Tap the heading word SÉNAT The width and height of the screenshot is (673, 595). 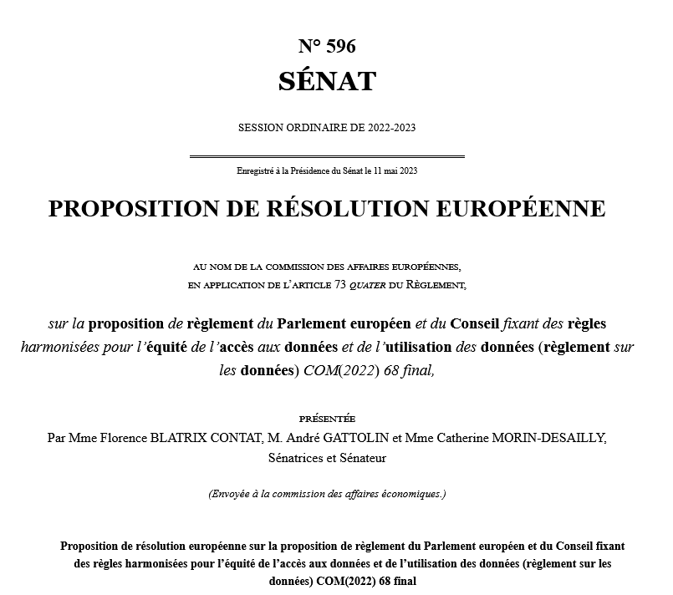pos(327,82)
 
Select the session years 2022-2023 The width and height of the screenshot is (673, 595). pos(386,128)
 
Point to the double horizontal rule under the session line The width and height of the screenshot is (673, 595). pos(327,156)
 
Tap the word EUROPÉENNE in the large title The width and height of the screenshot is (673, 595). pos(523,208)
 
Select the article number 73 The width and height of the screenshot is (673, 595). pos(340,285)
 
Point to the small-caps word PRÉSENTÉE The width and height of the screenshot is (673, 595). pos(327,418)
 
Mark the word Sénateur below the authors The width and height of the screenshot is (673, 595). pos(363,458)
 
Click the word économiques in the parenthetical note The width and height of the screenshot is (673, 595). pos(410,494)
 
